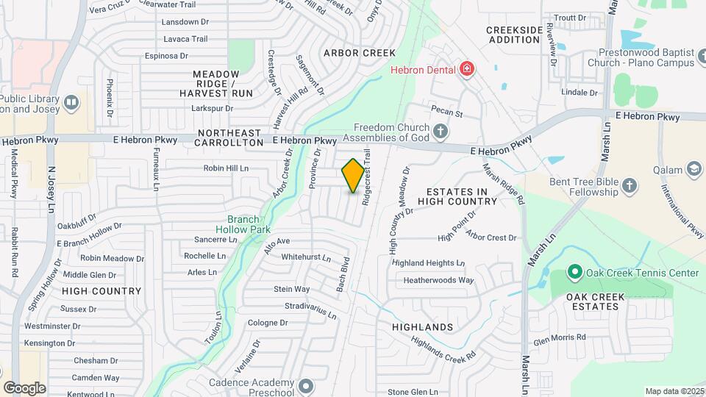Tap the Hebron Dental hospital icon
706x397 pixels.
click(466, 69)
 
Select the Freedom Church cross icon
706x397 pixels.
click(441, 132)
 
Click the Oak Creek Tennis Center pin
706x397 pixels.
click(574, 273)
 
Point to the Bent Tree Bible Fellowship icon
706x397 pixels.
click(629, 185)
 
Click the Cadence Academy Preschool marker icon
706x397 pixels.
click(306, 385)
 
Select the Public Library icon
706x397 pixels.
click(71, 102)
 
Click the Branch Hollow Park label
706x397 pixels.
click(249, 224)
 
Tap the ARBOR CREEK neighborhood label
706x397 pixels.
click(359, 53)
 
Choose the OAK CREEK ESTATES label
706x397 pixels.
click(595, 301)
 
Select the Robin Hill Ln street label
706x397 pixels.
click(226, 168)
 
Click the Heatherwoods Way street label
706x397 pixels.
click(438, 280)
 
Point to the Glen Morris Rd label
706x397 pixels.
click(559, 337)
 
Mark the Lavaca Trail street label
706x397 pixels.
click(186, 38)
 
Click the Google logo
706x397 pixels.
click(24, 388)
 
